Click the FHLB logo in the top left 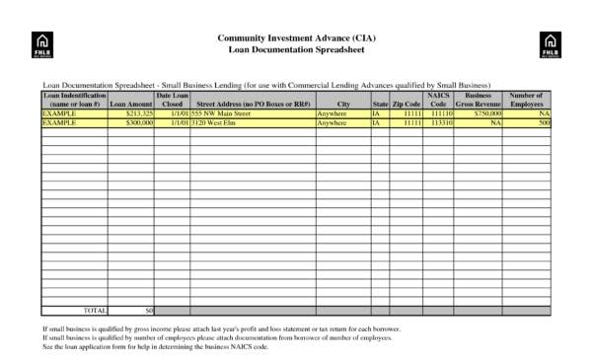click(x=42, y=43)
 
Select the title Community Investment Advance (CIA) click(x=296, y=37)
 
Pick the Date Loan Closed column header click(x=173, y=100)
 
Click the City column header click(x=342, y=104)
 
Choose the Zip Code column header click(x=406, y=104)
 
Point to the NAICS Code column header click(x=439, y=100)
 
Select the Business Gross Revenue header click(x=479, y=100)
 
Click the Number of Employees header click(x=527, y=100)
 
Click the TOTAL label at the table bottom click(x=95, y=310)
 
